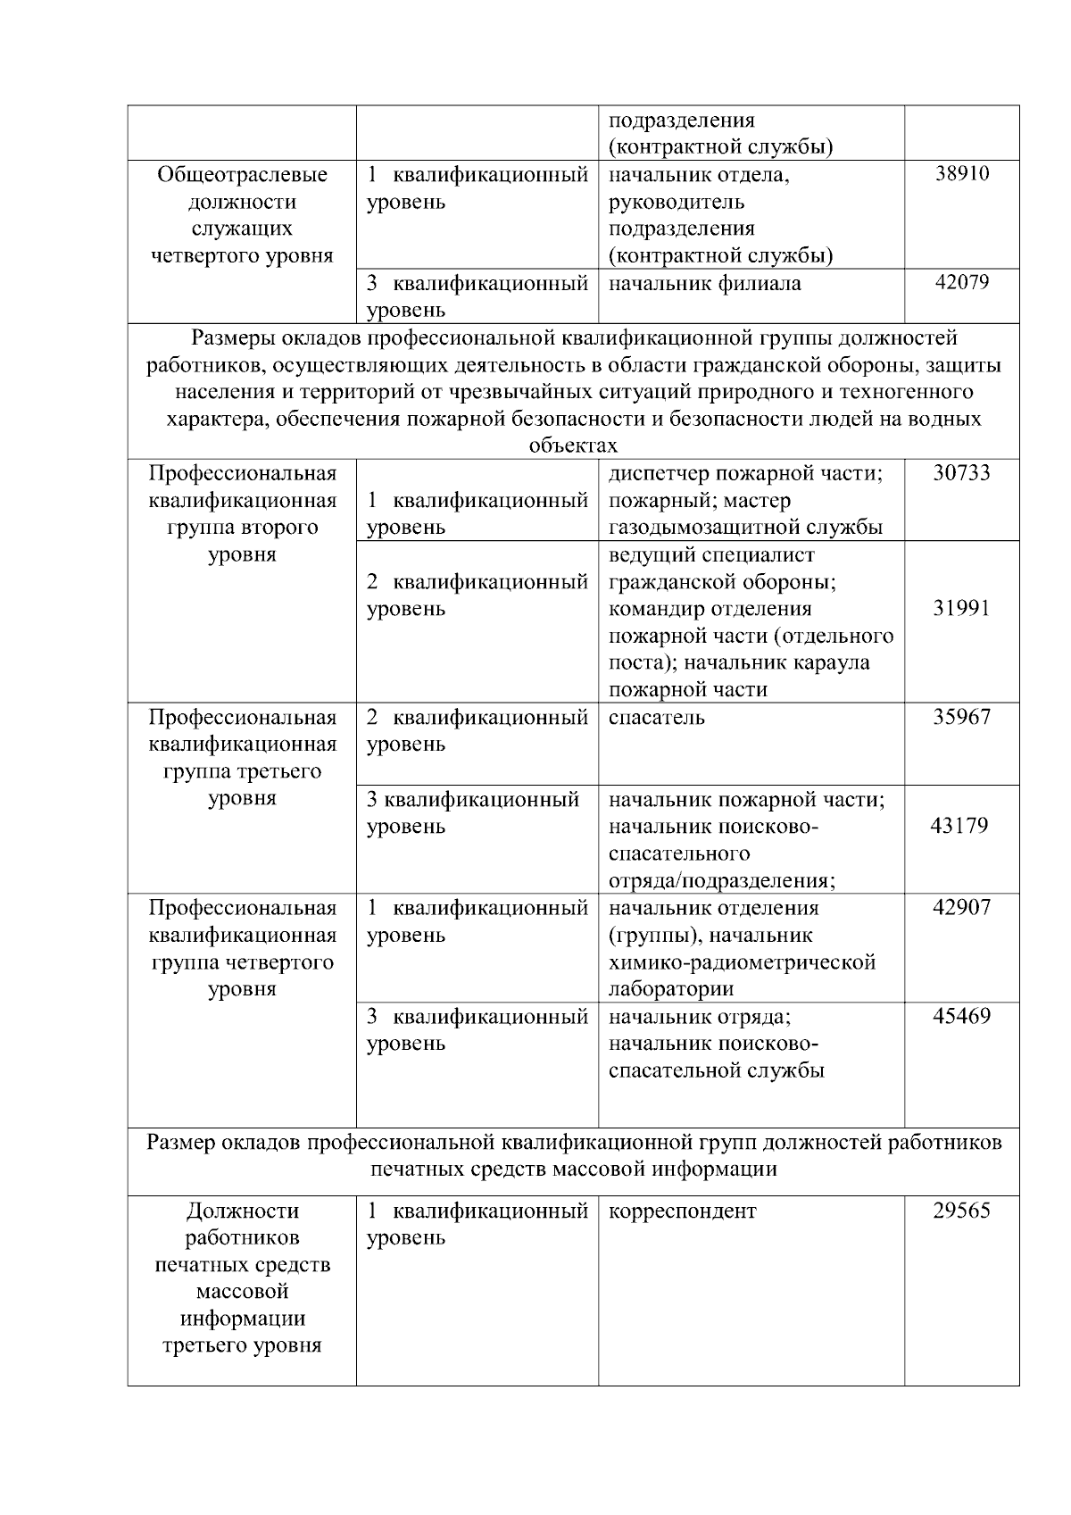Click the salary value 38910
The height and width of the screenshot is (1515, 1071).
[961, 174]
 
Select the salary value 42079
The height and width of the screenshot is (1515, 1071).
[961, 283]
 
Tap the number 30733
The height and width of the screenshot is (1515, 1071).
[961, 472]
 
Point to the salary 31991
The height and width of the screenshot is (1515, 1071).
[961, 609]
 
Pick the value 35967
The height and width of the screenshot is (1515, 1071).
[961, 717]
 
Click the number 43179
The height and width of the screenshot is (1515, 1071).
[959, 826]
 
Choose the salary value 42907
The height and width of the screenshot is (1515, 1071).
[961, 908]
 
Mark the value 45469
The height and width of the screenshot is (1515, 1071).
[961, 1016]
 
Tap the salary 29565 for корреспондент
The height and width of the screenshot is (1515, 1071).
[961, 1211]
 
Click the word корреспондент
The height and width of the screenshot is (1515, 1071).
[682, 1211]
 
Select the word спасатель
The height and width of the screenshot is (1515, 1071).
[656, 717]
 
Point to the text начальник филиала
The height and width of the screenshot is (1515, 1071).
[704, 284]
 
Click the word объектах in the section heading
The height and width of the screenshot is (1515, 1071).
[573, 445]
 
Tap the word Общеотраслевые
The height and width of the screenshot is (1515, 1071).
[243, 175]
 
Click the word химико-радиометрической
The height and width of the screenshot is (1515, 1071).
[742, 962]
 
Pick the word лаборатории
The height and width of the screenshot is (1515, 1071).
[671, 989]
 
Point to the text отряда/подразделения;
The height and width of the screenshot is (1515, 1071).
[721, 881]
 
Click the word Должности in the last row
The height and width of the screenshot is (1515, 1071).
[243, 1211]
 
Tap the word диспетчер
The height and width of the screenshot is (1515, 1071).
[656, 472]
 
